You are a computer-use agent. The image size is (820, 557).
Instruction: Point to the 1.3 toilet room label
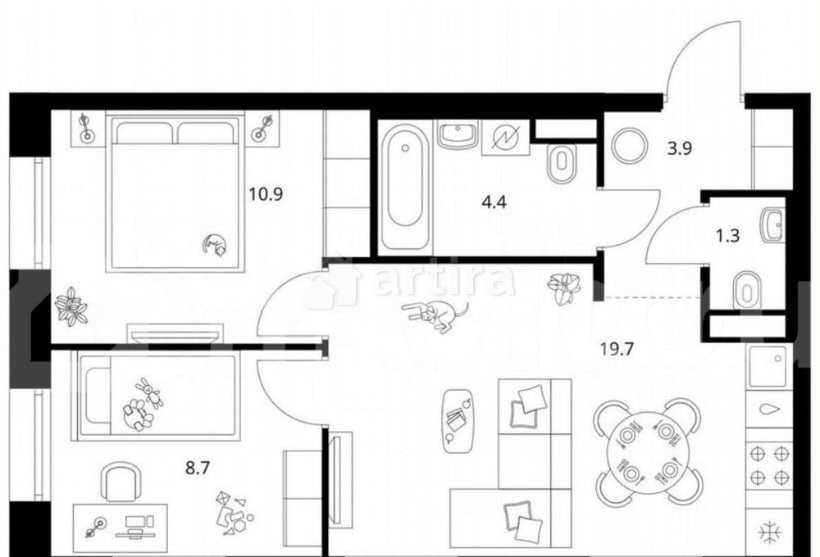[x=728, y=237]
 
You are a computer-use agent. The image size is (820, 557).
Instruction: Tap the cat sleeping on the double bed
[x=216, y=245]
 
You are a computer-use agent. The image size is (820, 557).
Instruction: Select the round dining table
[x=648, y=451]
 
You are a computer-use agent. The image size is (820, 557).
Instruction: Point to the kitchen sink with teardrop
[x=771, y=410]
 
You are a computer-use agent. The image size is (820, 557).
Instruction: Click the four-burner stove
[x=771, y=464]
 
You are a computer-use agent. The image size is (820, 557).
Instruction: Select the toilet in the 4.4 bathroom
[x=562, y=164]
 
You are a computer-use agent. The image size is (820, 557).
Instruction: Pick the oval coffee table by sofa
[x=458, y=419]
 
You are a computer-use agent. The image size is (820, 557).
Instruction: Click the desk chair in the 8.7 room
[x=121, y=483]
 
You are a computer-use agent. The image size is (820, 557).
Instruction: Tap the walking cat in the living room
[x=435, y=315]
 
